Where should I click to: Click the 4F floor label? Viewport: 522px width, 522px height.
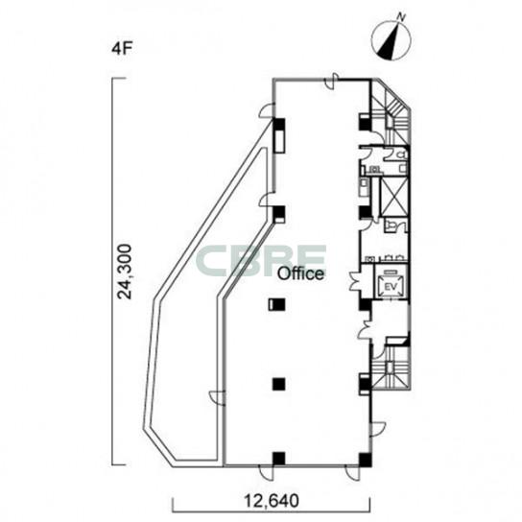[122, 49]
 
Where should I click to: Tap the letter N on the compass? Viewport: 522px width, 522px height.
[402, 16]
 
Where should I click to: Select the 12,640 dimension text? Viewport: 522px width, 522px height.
[272, 500]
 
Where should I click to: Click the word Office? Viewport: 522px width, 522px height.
[300, 273]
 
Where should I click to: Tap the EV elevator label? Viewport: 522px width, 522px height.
[391, 286]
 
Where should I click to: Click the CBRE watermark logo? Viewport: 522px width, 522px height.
[261, 261]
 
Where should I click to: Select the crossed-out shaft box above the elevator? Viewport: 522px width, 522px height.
[393, 197]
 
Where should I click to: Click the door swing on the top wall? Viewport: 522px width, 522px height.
[331, 81]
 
